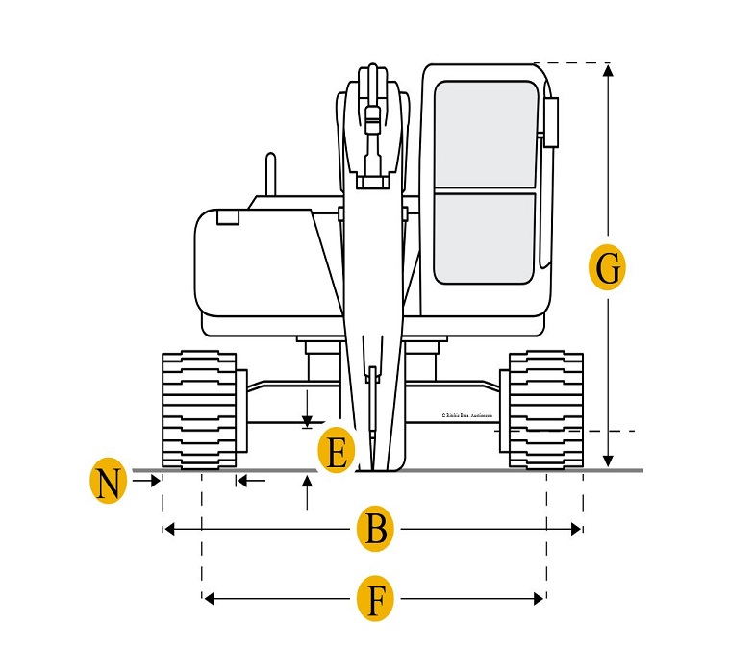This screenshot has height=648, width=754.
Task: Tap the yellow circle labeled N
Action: click(x=109, y=482)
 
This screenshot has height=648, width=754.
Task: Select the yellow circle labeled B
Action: click(x=376, y=530)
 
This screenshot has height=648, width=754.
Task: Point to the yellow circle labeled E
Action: click(x=336, y=450)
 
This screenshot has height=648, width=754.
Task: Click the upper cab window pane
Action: click(x=485, y=134)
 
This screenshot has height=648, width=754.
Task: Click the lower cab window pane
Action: click(x=485, y=237)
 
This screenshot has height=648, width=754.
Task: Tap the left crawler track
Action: click(x=199, y=411)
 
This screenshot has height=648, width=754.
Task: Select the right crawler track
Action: click(x=545, y=411)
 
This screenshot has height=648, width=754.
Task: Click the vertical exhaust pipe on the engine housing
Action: click(x=271, y=174)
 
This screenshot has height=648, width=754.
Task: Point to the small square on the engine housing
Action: click(x=228, y=216)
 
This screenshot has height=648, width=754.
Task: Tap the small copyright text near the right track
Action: click(x=466, y=415)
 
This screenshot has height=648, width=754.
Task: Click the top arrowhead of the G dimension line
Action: click(x=607, y=70)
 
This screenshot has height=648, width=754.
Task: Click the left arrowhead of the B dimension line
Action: click(x=169, y=529)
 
